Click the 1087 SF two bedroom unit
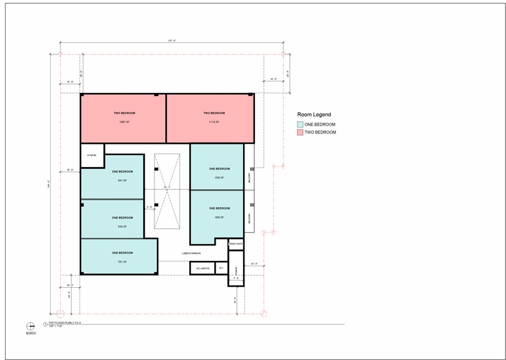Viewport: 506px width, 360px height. coord(124,118)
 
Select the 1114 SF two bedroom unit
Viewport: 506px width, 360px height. coord(210,118)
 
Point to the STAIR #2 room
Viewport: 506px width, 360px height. coord(92,156)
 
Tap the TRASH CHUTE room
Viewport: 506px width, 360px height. coord(236,244)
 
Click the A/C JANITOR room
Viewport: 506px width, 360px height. coord(202,268)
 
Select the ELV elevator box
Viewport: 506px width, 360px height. coord(221,268)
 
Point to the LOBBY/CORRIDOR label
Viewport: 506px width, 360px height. coord(191,253)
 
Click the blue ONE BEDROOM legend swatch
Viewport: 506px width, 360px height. coord(300,124)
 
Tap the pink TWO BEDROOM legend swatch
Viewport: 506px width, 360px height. coord(300,132)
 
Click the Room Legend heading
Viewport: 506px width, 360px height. coord(314,114)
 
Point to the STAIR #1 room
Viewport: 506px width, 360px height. coord(236,269)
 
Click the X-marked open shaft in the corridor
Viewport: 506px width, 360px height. coord(167,190)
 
